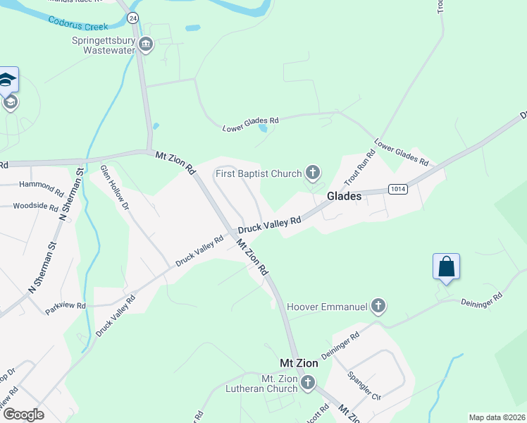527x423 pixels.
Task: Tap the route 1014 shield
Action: pos(397,189)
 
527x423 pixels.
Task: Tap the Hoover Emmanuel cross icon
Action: pos(379,307)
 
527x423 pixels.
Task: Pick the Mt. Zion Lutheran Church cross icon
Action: pos(307,384)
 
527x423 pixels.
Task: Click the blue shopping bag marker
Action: pos(446,267)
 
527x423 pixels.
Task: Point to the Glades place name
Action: pos(345,197)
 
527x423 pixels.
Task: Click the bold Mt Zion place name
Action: pos(299,363)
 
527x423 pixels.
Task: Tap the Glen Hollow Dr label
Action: pos(115,188)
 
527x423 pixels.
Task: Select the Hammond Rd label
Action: pos(42,185)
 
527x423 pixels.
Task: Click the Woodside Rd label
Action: pos(35,207)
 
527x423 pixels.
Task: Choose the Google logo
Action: pos(23,415)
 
